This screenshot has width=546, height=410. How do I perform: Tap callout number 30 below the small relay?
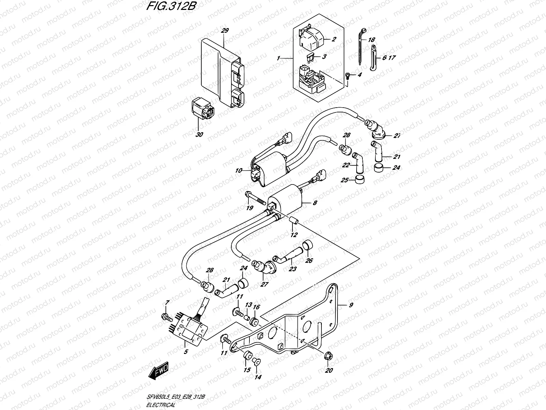(x=200, y=135)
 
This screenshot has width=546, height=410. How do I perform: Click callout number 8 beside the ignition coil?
(x=314, y=203)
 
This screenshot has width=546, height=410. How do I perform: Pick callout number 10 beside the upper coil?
(x=238, y=170)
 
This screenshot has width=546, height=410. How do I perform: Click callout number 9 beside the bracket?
(x=350, y=305)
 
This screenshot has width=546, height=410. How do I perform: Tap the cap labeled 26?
(x=308, y=245)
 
